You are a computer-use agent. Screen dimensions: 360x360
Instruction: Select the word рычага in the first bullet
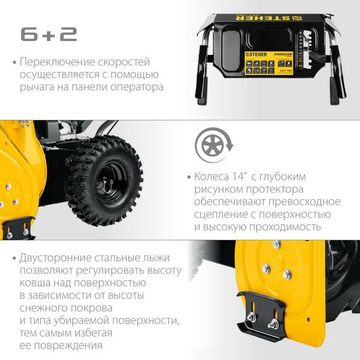coord(39,87)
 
